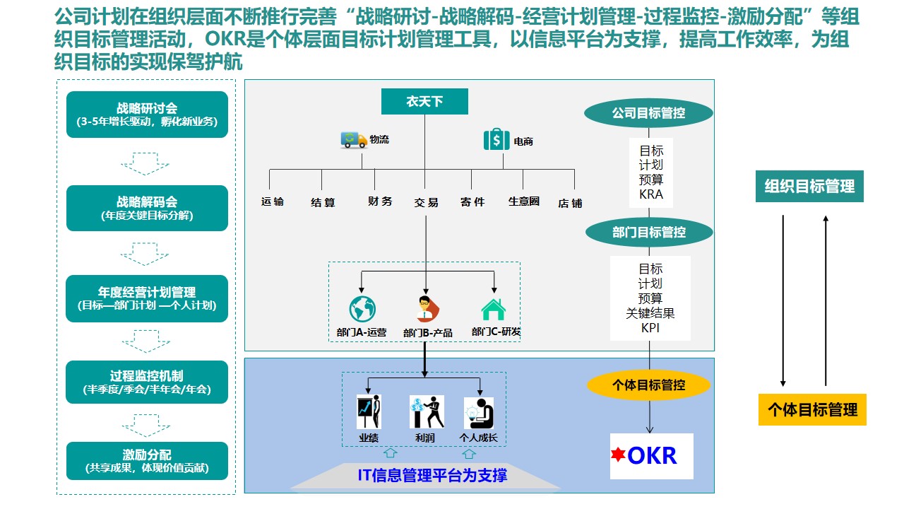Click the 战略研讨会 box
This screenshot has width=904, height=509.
tap(147, 115)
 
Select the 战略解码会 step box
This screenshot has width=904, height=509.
tap(147, 208)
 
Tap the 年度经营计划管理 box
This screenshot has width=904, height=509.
tap(147, 298)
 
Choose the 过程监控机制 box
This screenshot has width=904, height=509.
tap(147, 382)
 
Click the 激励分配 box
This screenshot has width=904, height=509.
tap(147, 461)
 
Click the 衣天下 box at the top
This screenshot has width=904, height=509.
tap(424, 102)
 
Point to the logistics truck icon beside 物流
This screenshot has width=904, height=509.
tap(354, 140)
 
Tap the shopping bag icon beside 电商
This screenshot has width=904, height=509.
tap(496, 140)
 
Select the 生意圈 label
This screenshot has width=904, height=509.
tap(524, 201)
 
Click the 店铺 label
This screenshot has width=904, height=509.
tap(570, 203)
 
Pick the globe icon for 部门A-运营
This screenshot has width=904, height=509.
tap(362, 309)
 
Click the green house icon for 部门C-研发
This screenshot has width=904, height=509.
tap(493, 310)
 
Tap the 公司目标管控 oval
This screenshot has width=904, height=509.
tap(648, 112)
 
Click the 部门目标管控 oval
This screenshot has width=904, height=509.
tap(648, 232)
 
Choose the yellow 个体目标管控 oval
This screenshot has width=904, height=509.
tap(648, 385)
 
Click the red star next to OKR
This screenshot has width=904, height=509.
tap(619, 455)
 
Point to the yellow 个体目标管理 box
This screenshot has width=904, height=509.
tap(812, 409)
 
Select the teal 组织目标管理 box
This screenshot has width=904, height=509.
tap(809, 187)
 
